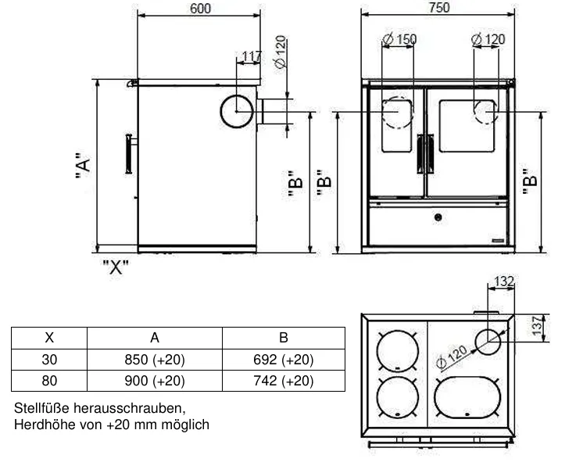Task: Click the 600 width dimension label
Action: pyautogui.click(x=200, y=8)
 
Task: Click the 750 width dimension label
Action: pyautogui.click(x=439, y=8)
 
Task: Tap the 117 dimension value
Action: pyautogui.click(x=252, y=56)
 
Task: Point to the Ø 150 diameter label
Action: pyautogui.click(x=399, y=39)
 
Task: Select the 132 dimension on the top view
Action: pyautogui.click(x=504, y=281)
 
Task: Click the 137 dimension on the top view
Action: pyautogui.click(x=537, y=325)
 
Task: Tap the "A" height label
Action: pyautogui.click(x=83, y=166)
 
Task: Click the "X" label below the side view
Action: pyautogui.click(x=116, y=267)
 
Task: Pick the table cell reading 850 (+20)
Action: pyautogui.click(x=155, y=360)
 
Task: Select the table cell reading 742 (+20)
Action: pyautogui.click(x=284, y=381)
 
